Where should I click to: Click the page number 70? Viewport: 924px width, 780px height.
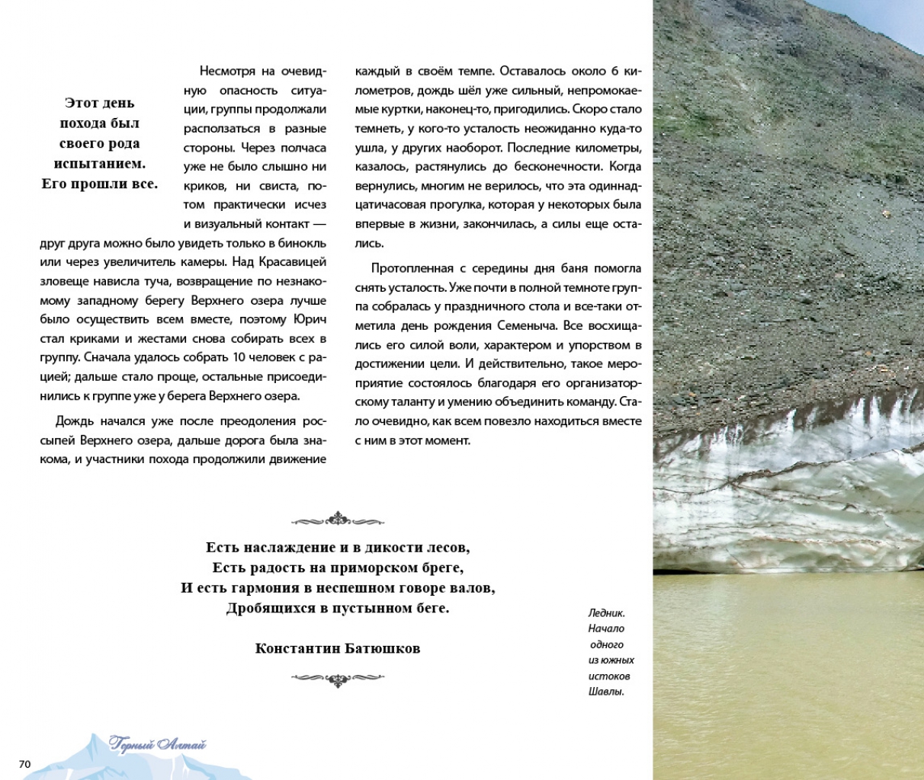click(25, 764)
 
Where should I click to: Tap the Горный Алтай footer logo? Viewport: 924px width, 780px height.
click(158, 744)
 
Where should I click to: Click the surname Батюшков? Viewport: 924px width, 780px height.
click(383, 649)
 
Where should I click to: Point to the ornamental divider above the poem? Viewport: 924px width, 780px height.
click(338, 520)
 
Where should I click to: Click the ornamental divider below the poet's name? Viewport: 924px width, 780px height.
click(338, 678)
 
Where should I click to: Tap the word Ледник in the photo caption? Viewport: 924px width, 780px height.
click(607, 612)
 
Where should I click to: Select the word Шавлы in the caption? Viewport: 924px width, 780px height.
click(606, 692)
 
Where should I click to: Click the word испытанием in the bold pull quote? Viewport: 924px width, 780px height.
click(99, 163)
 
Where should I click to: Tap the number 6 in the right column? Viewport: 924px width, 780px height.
click(614, 71)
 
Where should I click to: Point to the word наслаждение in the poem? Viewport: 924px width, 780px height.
click(282, 548)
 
